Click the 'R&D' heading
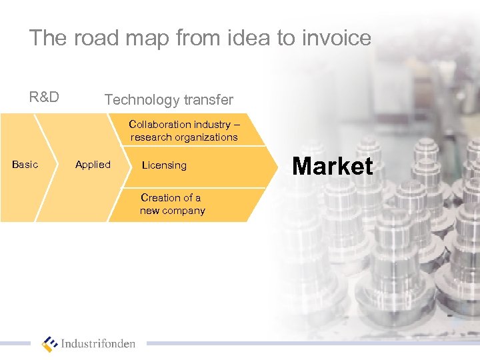44,97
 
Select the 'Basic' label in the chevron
25,165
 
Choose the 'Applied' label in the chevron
93,165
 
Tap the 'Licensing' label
164,165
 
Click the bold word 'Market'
333,166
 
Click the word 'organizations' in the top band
207,137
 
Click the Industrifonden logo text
98,344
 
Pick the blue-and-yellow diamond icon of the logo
50,344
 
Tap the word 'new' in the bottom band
149,211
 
